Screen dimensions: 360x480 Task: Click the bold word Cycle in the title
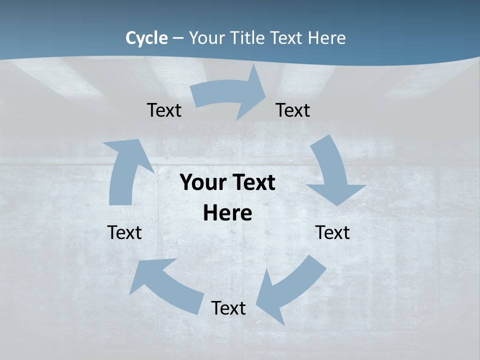[146, 38]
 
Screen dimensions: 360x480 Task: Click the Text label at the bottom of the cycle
[228, 308]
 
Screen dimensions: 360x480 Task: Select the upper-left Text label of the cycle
[164, 110]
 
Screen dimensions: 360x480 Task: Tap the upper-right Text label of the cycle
[293, 110]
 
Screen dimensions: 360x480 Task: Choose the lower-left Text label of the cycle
[124, 232]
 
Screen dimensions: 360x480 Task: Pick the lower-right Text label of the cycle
[332, 232]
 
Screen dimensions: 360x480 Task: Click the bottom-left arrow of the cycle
[165, 285]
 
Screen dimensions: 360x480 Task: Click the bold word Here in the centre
[227, 213]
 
